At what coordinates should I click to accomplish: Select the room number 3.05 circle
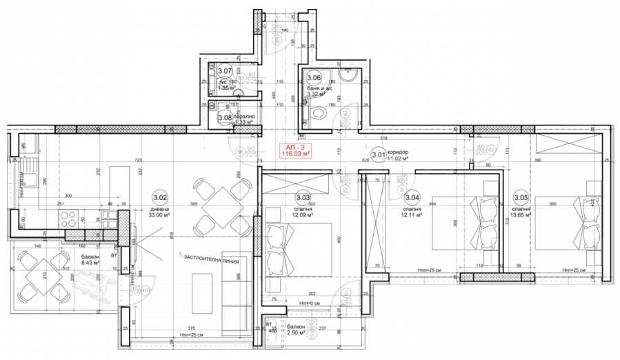point(521,198)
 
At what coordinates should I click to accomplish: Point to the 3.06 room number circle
point(314,77)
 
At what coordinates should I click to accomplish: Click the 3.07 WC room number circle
point(224,70)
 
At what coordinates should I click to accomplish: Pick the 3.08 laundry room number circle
point(224,118)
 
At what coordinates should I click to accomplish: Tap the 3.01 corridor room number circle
point(378,155)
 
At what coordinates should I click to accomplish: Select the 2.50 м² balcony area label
point(299,333)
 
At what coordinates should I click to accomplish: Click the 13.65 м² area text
point(522,214)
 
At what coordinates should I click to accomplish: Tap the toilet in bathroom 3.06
point(319,114)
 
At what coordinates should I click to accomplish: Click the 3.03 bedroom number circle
point(303,198)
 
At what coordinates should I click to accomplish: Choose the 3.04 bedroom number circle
point(412,198)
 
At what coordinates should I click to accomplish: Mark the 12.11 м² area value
point(412,214)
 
